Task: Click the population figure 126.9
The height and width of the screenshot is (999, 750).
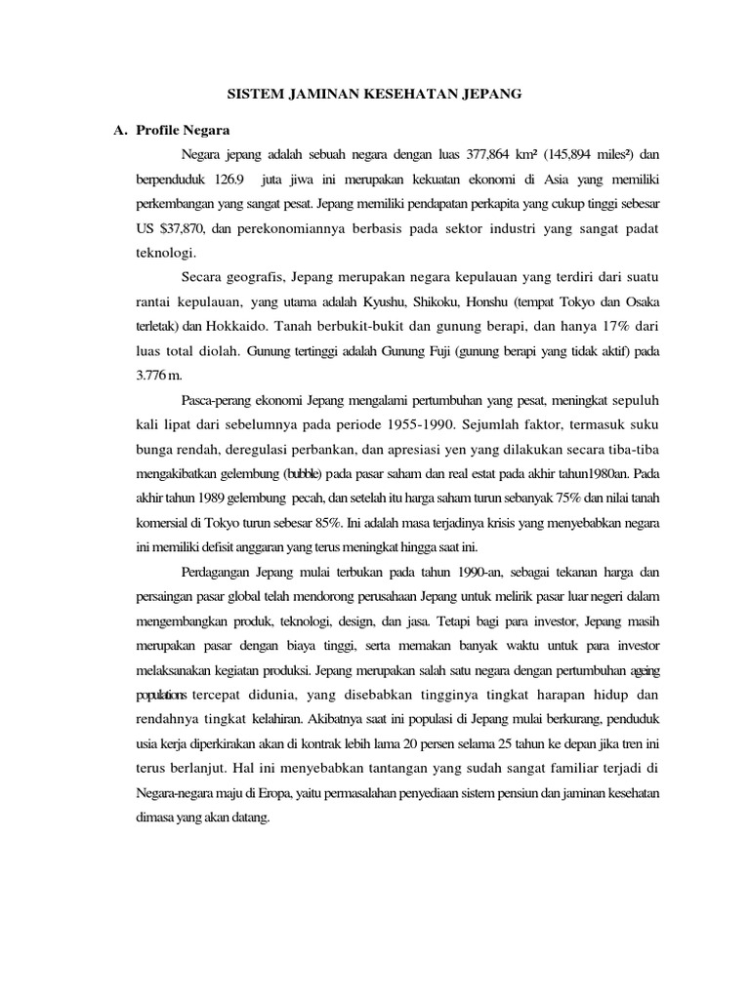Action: (x=227, y=180)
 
